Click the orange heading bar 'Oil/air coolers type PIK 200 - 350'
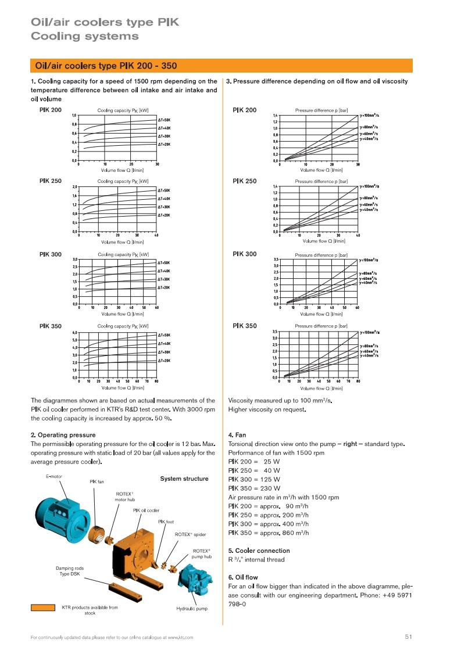click(x=221, y=66)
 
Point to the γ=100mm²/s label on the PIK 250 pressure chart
click(x=370, y=186)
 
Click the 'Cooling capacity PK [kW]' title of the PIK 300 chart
click(x=123, y=254)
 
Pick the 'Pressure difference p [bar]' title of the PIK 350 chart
click(x=321, y=326)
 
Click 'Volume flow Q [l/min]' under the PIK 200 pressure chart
click(x=321, y=170)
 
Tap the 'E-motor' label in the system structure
click(x=54, y=477)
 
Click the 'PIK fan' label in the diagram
click(x=97, y=481)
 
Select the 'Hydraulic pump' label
click(x=192, y=609)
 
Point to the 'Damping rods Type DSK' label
click(x=70, y=571)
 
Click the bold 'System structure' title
click(x=184, y=479)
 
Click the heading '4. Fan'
click(x=237, y=434)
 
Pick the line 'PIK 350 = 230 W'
click(x=254, y=488)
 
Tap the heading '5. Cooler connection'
click(x=259, y=551)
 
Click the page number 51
click(x=408, y=637)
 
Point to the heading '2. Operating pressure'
click(x=63, y=434)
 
